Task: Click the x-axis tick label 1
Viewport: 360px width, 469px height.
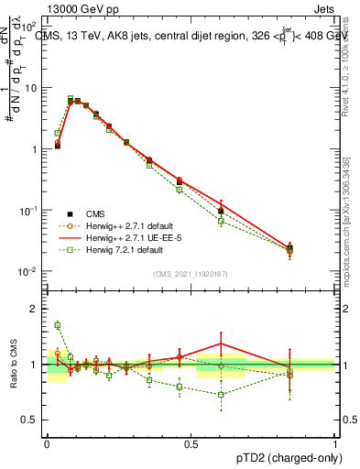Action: click(x=334, y=443)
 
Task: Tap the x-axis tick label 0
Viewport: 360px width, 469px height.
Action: click(x=47, y=443)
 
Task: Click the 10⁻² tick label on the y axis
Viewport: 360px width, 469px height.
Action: click(x=29, y=272)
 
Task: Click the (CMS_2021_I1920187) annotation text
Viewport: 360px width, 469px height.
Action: click(x=191, y=272)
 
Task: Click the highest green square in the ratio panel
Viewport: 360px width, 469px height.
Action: click(x=57, y=325)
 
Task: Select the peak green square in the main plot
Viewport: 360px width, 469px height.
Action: click(x=71, y=98)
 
